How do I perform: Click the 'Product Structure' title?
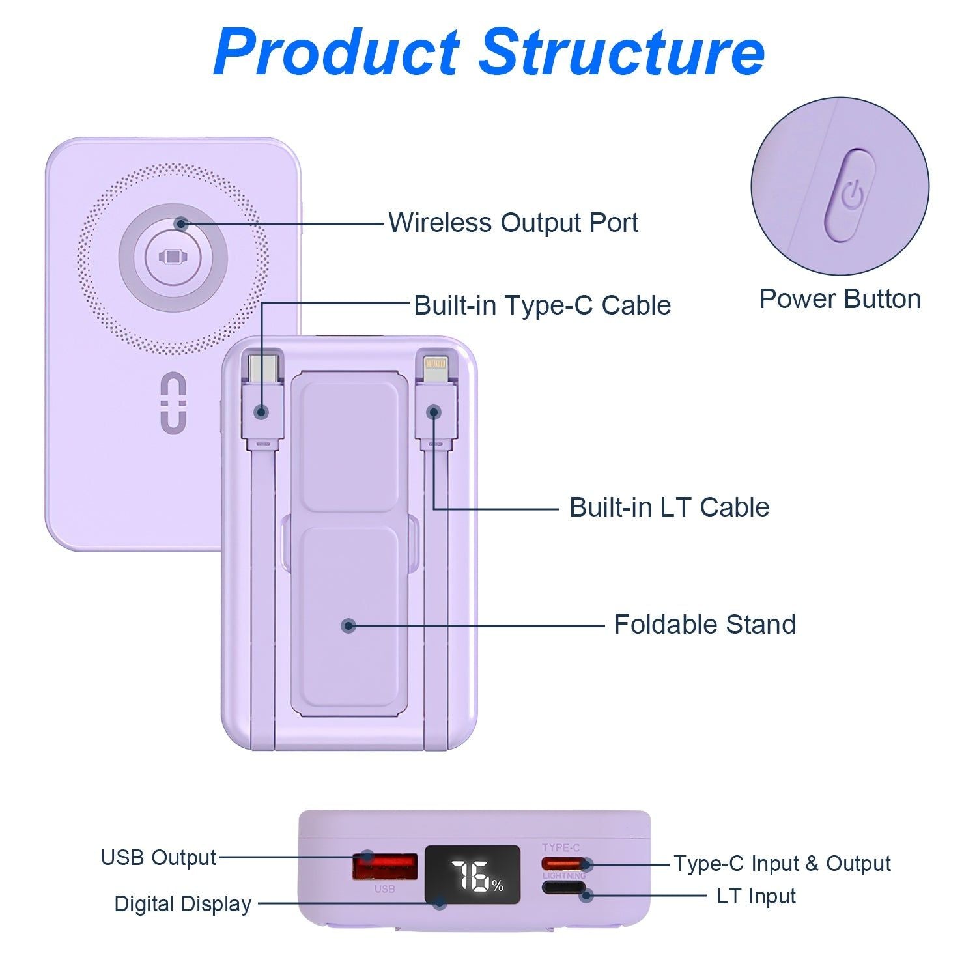[488, 52]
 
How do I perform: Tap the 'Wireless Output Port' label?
[513, 223]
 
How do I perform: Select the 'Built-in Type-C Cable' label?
[542, 305]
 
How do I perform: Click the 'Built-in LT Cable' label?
[669, 507]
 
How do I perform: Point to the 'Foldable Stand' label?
[705, 625]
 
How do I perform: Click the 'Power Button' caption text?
[840, 300]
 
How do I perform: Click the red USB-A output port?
[385, 867]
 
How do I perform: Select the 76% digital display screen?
[473, 875]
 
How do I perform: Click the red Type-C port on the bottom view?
[564, 864]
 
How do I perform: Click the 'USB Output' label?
[158, 858]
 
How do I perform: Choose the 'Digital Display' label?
[182, 904]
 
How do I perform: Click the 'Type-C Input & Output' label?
[782, 864]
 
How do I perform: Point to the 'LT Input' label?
[756, 896]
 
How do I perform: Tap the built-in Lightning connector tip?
[435, 368]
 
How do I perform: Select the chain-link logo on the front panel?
[173, 402]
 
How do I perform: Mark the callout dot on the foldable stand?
[348, 626]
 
